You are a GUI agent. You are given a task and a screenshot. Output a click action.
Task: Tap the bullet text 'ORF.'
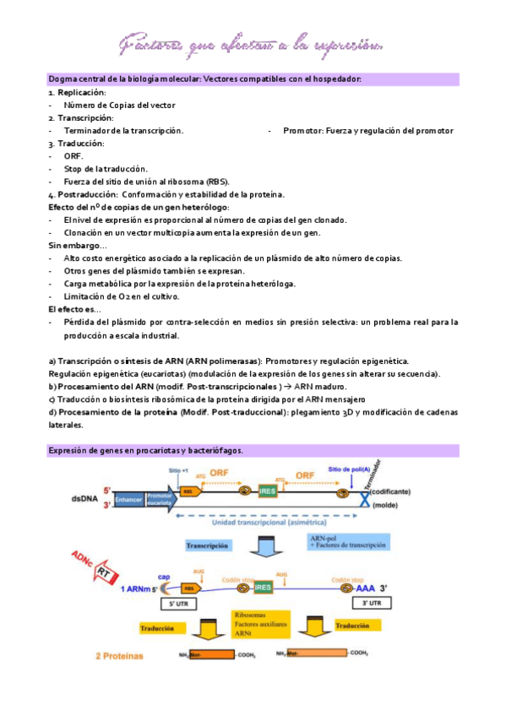(x=73, y=156)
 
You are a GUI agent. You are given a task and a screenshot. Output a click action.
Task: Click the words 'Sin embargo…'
(x=72, y=245)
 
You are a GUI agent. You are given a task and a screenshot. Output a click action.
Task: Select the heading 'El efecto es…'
(x=74, y=309)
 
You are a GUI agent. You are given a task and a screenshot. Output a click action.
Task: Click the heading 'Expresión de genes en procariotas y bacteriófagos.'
(x=145, y=450)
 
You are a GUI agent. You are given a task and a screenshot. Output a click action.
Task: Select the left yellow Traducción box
(x=159, y=626)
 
